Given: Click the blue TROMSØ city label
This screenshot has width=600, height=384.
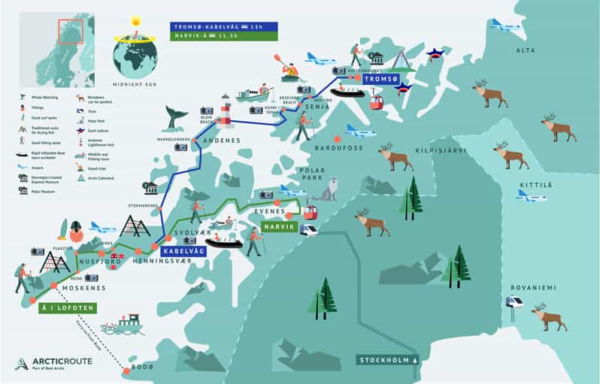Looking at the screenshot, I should tap(381, 79).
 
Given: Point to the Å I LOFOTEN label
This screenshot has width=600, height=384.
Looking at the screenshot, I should tap(66, 307).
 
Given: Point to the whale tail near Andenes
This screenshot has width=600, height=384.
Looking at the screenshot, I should tap(178, 117).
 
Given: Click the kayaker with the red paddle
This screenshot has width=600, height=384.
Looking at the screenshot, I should tap(287, 68).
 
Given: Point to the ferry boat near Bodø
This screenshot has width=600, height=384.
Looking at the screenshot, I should tap(126, 325).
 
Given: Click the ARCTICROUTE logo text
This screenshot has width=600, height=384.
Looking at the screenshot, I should tap(63, 362).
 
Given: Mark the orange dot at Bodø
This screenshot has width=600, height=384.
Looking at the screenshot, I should tap(126, 369).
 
